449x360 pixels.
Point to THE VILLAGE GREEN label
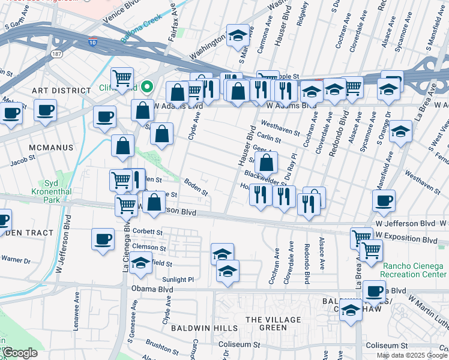coord(265,323)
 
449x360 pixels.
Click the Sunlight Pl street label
coord(178,280)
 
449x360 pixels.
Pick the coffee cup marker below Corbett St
coord(103,238)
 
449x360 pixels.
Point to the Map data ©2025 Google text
coord(412,355)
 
